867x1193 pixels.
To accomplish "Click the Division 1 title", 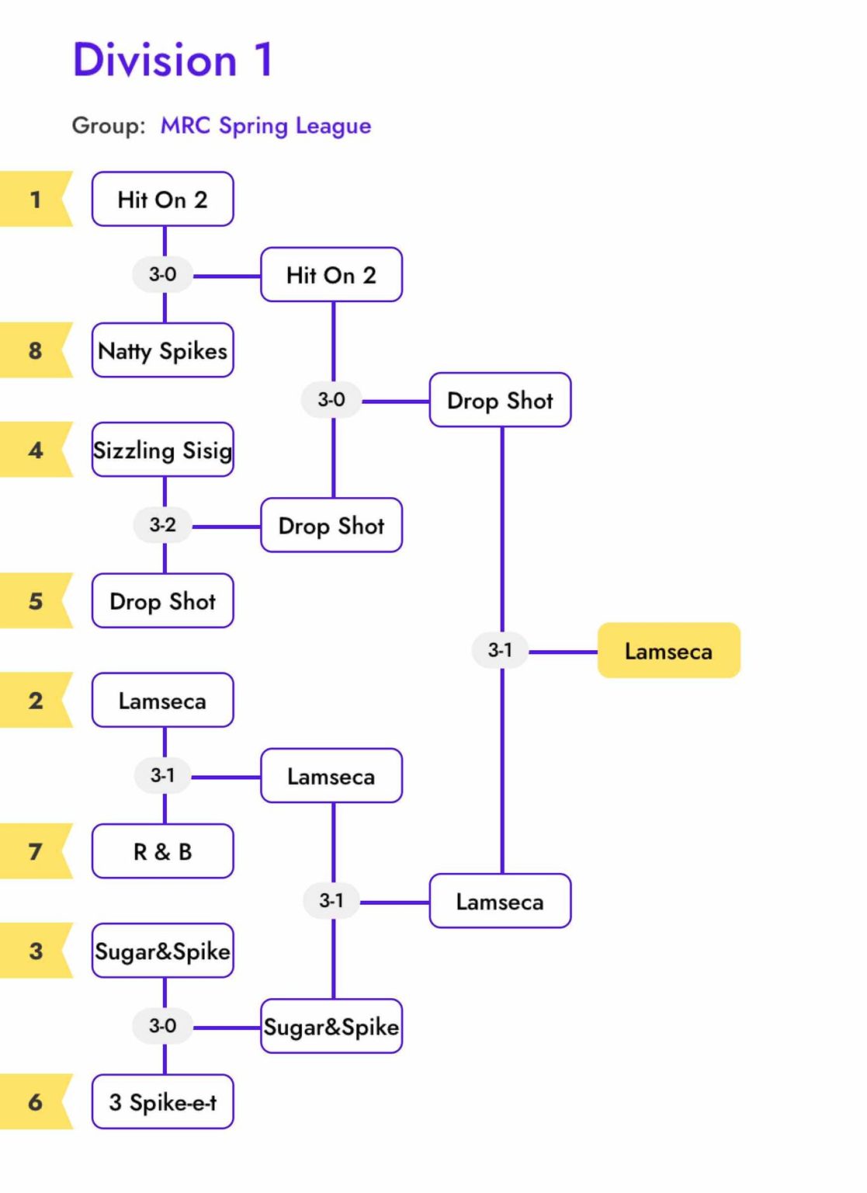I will click(173, 60).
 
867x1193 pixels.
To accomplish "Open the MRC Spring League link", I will click(265, 126).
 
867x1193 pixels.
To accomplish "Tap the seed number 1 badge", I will click(36, 200).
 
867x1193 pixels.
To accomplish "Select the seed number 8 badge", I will click(36, 350).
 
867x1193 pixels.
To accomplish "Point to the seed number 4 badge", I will click(36, 450).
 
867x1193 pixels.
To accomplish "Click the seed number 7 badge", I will click(36, 851).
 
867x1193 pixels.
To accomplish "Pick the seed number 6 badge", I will click(36, 1101).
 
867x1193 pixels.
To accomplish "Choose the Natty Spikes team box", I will click(162, 350).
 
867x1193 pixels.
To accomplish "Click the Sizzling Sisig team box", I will click(162, 450).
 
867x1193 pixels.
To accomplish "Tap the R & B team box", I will click(162, 851).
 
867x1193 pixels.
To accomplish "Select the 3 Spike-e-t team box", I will click(162, 1101).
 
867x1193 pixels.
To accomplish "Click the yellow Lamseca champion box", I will click(668, 651).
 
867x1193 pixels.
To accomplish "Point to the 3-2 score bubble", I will click(163, 525).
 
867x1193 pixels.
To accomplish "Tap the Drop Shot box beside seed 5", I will click(162, 600).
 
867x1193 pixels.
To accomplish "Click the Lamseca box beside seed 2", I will click(162, 701).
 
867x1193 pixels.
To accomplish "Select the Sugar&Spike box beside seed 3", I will click(162, 951).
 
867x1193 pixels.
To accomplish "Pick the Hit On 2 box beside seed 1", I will click(162, 200).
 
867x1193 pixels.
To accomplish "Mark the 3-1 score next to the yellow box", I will click(500, 650).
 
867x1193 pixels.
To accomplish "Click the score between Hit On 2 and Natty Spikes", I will click(163, 274).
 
